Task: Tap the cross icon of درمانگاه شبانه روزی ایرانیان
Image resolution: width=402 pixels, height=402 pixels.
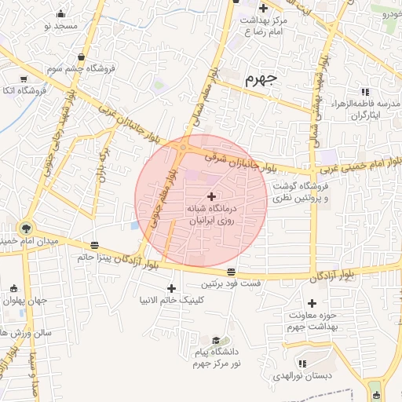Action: coord(210,196)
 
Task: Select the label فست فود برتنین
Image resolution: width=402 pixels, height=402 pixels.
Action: coord(230,283)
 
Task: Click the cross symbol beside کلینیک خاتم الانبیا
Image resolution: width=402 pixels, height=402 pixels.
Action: coord(171,289)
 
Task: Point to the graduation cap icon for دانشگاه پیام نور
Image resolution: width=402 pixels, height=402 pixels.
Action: coord(217,339)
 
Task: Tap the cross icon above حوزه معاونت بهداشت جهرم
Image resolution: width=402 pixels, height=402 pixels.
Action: coord(312,303)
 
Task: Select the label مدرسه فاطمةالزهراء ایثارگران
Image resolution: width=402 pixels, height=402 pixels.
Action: coord(358,109)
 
